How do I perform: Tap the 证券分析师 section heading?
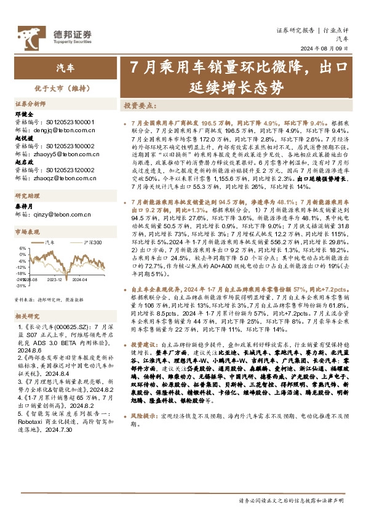(x=31, y=104)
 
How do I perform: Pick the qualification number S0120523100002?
(x=70, y=146)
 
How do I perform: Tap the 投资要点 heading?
(x=140, y=106)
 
